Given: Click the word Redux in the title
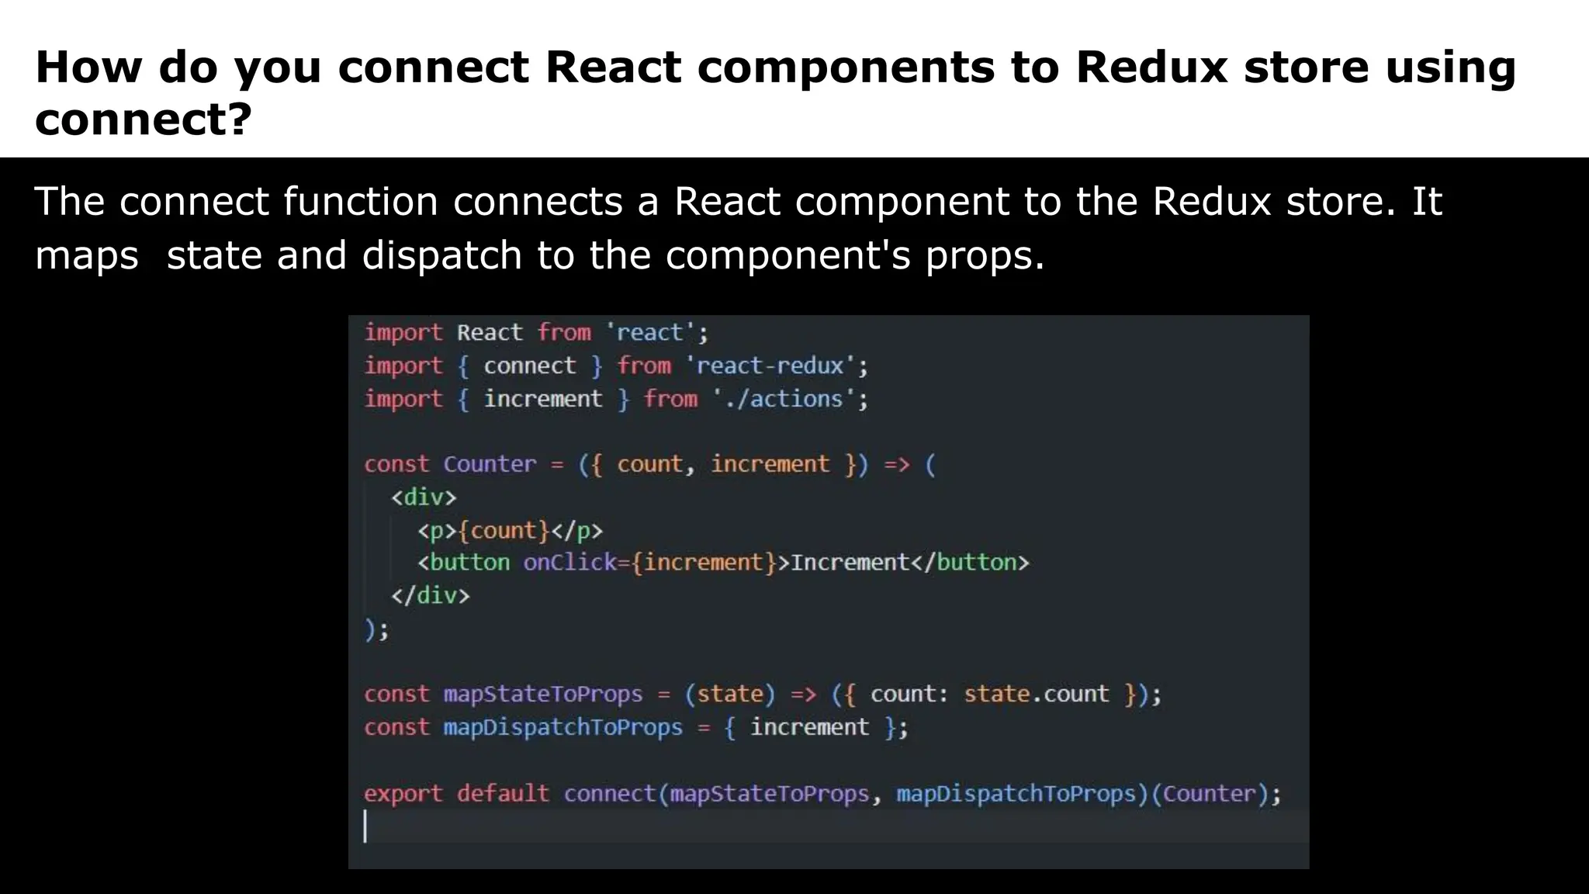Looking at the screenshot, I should pyautogui.click(x=1151, y=67).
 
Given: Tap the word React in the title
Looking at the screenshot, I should pyautogui.click(x=612, y=67).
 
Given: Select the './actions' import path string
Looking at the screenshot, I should pyautogui.click(x=784, y=399).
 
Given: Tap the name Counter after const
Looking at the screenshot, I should pyautogui.click(x=490, y=464).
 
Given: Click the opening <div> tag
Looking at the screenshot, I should pyautogui.click(x=424, y=497).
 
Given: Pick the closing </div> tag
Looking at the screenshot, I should pyautogui.click(x=430, y=595).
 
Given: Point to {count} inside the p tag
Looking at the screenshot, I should pyautogui.click(x=504, y=530).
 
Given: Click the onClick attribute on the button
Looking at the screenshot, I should pyautogui.click(x=569, y=562).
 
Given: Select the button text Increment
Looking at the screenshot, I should pyautogui.click(x=850, y=562).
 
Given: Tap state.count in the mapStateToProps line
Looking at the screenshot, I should pyautogui.click(x=1036, y=693).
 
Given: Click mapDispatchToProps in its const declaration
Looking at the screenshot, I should pyautogui.click(x=563, y=727).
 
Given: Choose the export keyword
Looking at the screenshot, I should pyautogui.click(x=403, y=793).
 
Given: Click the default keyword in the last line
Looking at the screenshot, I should pyautogui.click(x=502, y=793).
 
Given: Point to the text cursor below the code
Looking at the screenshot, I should pyautogui.click(x=365, y=826).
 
